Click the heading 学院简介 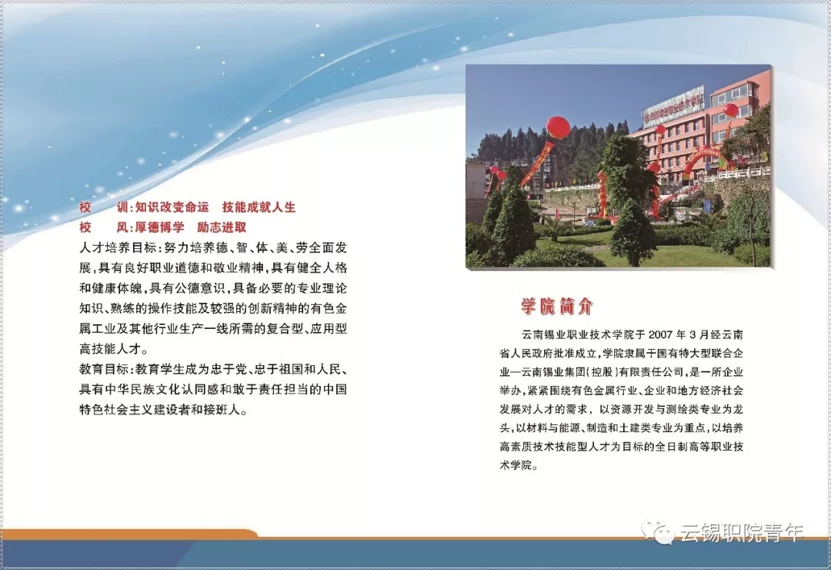click(x=556, y=307)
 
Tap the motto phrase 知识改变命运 click(x=172, y=207)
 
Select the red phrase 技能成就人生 click(x=259, y=207)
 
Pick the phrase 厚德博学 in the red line click(x=159, y=227)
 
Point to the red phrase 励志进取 click(x=222, y=227)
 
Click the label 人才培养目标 click(x=117, y=247)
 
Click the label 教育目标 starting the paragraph click(x=104, y=369)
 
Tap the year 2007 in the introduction click(x=660, y=334)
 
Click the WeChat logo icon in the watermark click(x=658, y=531)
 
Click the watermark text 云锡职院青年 click(x=742, y=532)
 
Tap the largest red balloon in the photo click(x=558, y=128)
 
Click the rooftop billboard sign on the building click(x=673, y=105)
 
